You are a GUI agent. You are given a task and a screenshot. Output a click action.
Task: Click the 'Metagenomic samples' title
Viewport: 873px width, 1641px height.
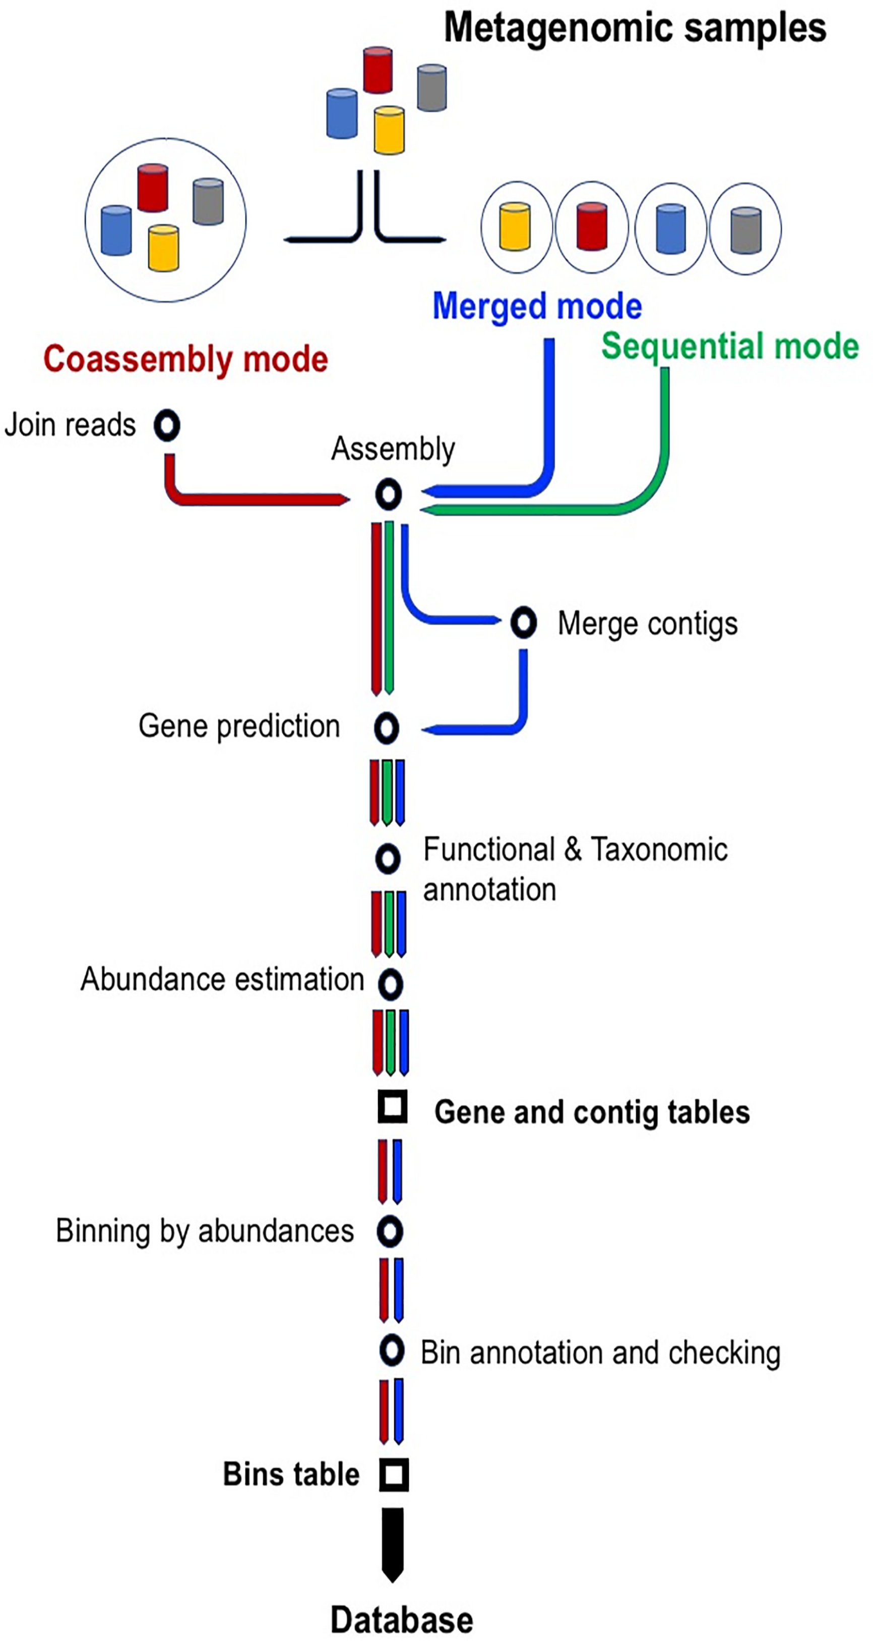(x=635, y=28)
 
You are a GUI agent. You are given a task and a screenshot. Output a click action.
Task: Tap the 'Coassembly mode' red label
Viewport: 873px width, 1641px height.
(x=185, y=359)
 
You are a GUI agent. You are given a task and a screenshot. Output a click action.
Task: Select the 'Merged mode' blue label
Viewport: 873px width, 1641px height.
(x=537, y=306)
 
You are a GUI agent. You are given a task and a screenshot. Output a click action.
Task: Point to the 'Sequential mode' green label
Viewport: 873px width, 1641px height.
(x=730, y=347)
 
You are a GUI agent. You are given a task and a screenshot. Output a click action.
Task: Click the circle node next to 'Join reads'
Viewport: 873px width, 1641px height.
(x=167, y=425)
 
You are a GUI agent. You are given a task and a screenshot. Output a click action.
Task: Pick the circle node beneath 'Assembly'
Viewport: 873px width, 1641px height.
(x=389, y=494)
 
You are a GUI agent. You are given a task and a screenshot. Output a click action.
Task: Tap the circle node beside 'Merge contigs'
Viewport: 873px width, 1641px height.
(x=523, y=622)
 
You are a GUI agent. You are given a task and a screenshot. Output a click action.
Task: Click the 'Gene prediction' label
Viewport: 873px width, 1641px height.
(x=239, y=726)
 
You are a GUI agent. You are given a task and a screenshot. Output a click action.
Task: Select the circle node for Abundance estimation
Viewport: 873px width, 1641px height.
(x=390, y=984)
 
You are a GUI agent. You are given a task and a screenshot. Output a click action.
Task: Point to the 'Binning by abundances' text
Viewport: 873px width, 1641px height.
(x=205, y=1231)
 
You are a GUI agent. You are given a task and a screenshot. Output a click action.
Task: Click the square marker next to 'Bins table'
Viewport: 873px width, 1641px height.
(x=394, y=1474)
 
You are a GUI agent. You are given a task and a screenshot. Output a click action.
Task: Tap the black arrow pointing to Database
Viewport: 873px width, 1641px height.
(x=393, y=1543)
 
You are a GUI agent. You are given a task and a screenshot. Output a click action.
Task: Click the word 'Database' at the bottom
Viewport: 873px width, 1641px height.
(x=402, y=1620)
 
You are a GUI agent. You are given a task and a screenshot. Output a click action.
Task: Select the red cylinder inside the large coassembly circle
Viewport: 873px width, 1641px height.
(x=153, y=187)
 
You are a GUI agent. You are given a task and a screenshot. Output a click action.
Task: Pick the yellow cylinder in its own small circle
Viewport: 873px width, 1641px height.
(x=515, y=226)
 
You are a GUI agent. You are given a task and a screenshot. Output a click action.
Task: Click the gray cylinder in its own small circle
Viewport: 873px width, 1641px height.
(x=745, y=229)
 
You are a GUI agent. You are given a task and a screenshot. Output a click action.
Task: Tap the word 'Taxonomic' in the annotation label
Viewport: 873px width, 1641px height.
(x=659, y=850)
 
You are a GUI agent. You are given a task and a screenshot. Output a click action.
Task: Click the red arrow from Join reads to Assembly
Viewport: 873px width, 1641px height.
(x=255, y=499)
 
